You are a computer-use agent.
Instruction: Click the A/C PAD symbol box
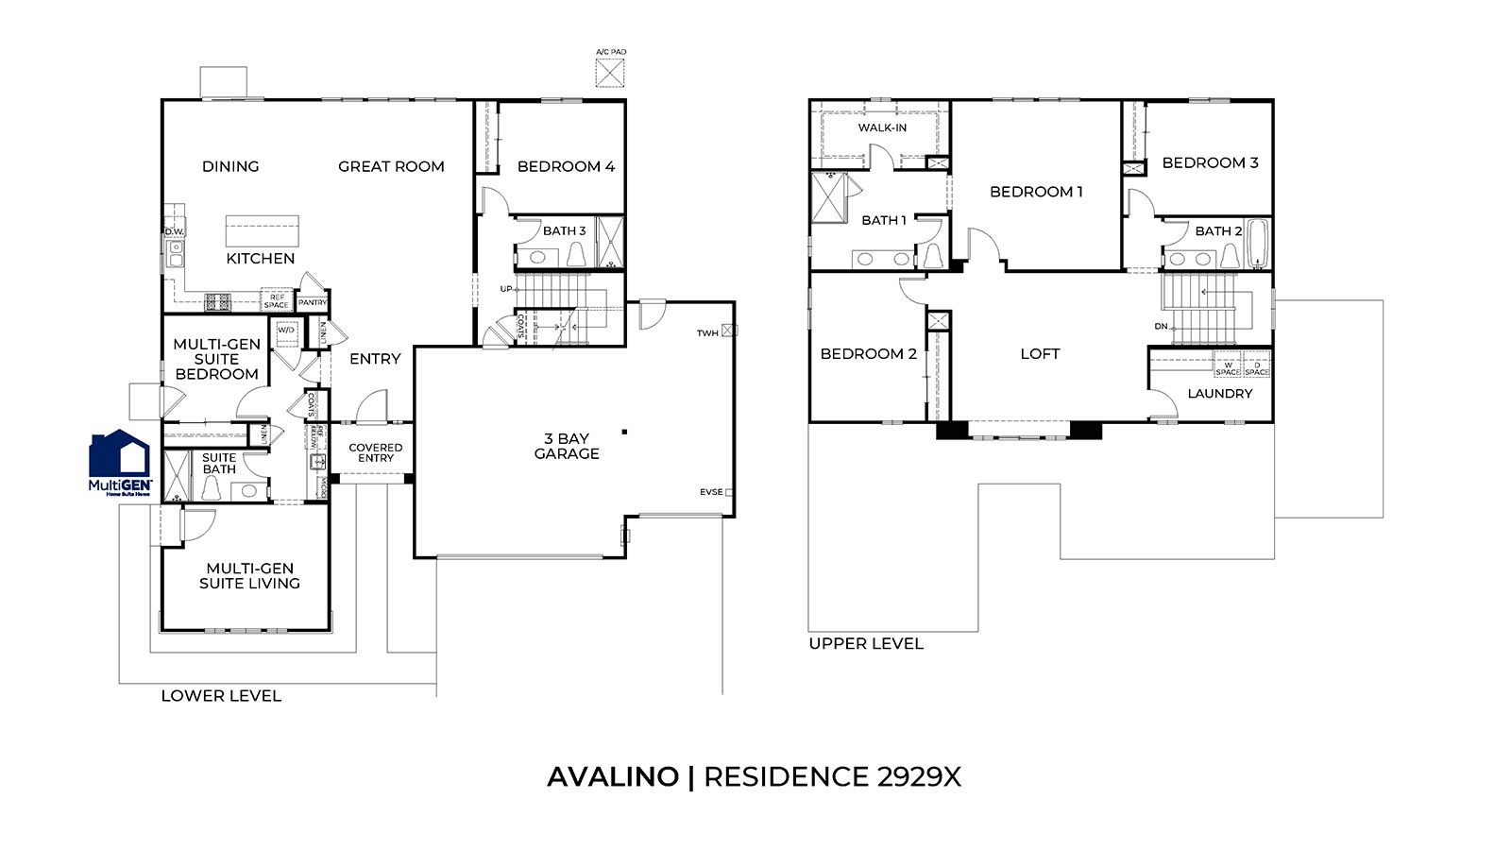(x=610, y=73)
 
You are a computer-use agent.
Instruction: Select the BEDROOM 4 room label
(x=566, y=166)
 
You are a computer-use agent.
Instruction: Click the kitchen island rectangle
(x=262, y=230)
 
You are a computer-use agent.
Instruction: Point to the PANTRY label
(x=312, y=303)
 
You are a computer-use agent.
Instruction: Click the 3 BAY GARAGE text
(x=566, y=446)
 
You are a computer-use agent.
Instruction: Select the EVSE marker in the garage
(x=728, y=492)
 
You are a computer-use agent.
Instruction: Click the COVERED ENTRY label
(x=375, y=452)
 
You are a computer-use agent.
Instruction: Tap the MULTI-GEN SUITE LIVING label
(x=249, y=575)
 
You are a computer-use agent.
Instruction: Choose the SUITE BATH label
(x=219, y=463)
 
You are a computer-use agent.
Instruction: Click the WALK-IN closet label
(x=882, y=127)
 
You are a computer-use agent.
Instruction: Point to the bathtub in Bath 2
(x=1256, y=245)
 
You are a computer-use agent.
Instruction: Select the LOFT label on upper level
(x=1040, y=353)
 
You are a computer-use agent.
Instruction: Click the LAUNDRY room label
(x=1219, y=393)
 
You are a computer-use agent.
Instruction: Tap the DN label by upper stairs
(x=1161, y=326)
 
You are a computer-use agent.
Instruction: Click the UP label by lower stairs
(x=506, y=288)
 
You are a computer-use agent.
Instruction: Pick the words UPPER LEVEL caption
(x=865, y=643)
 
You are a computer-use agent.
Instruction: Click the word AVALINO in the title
(x=612, y=776)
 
